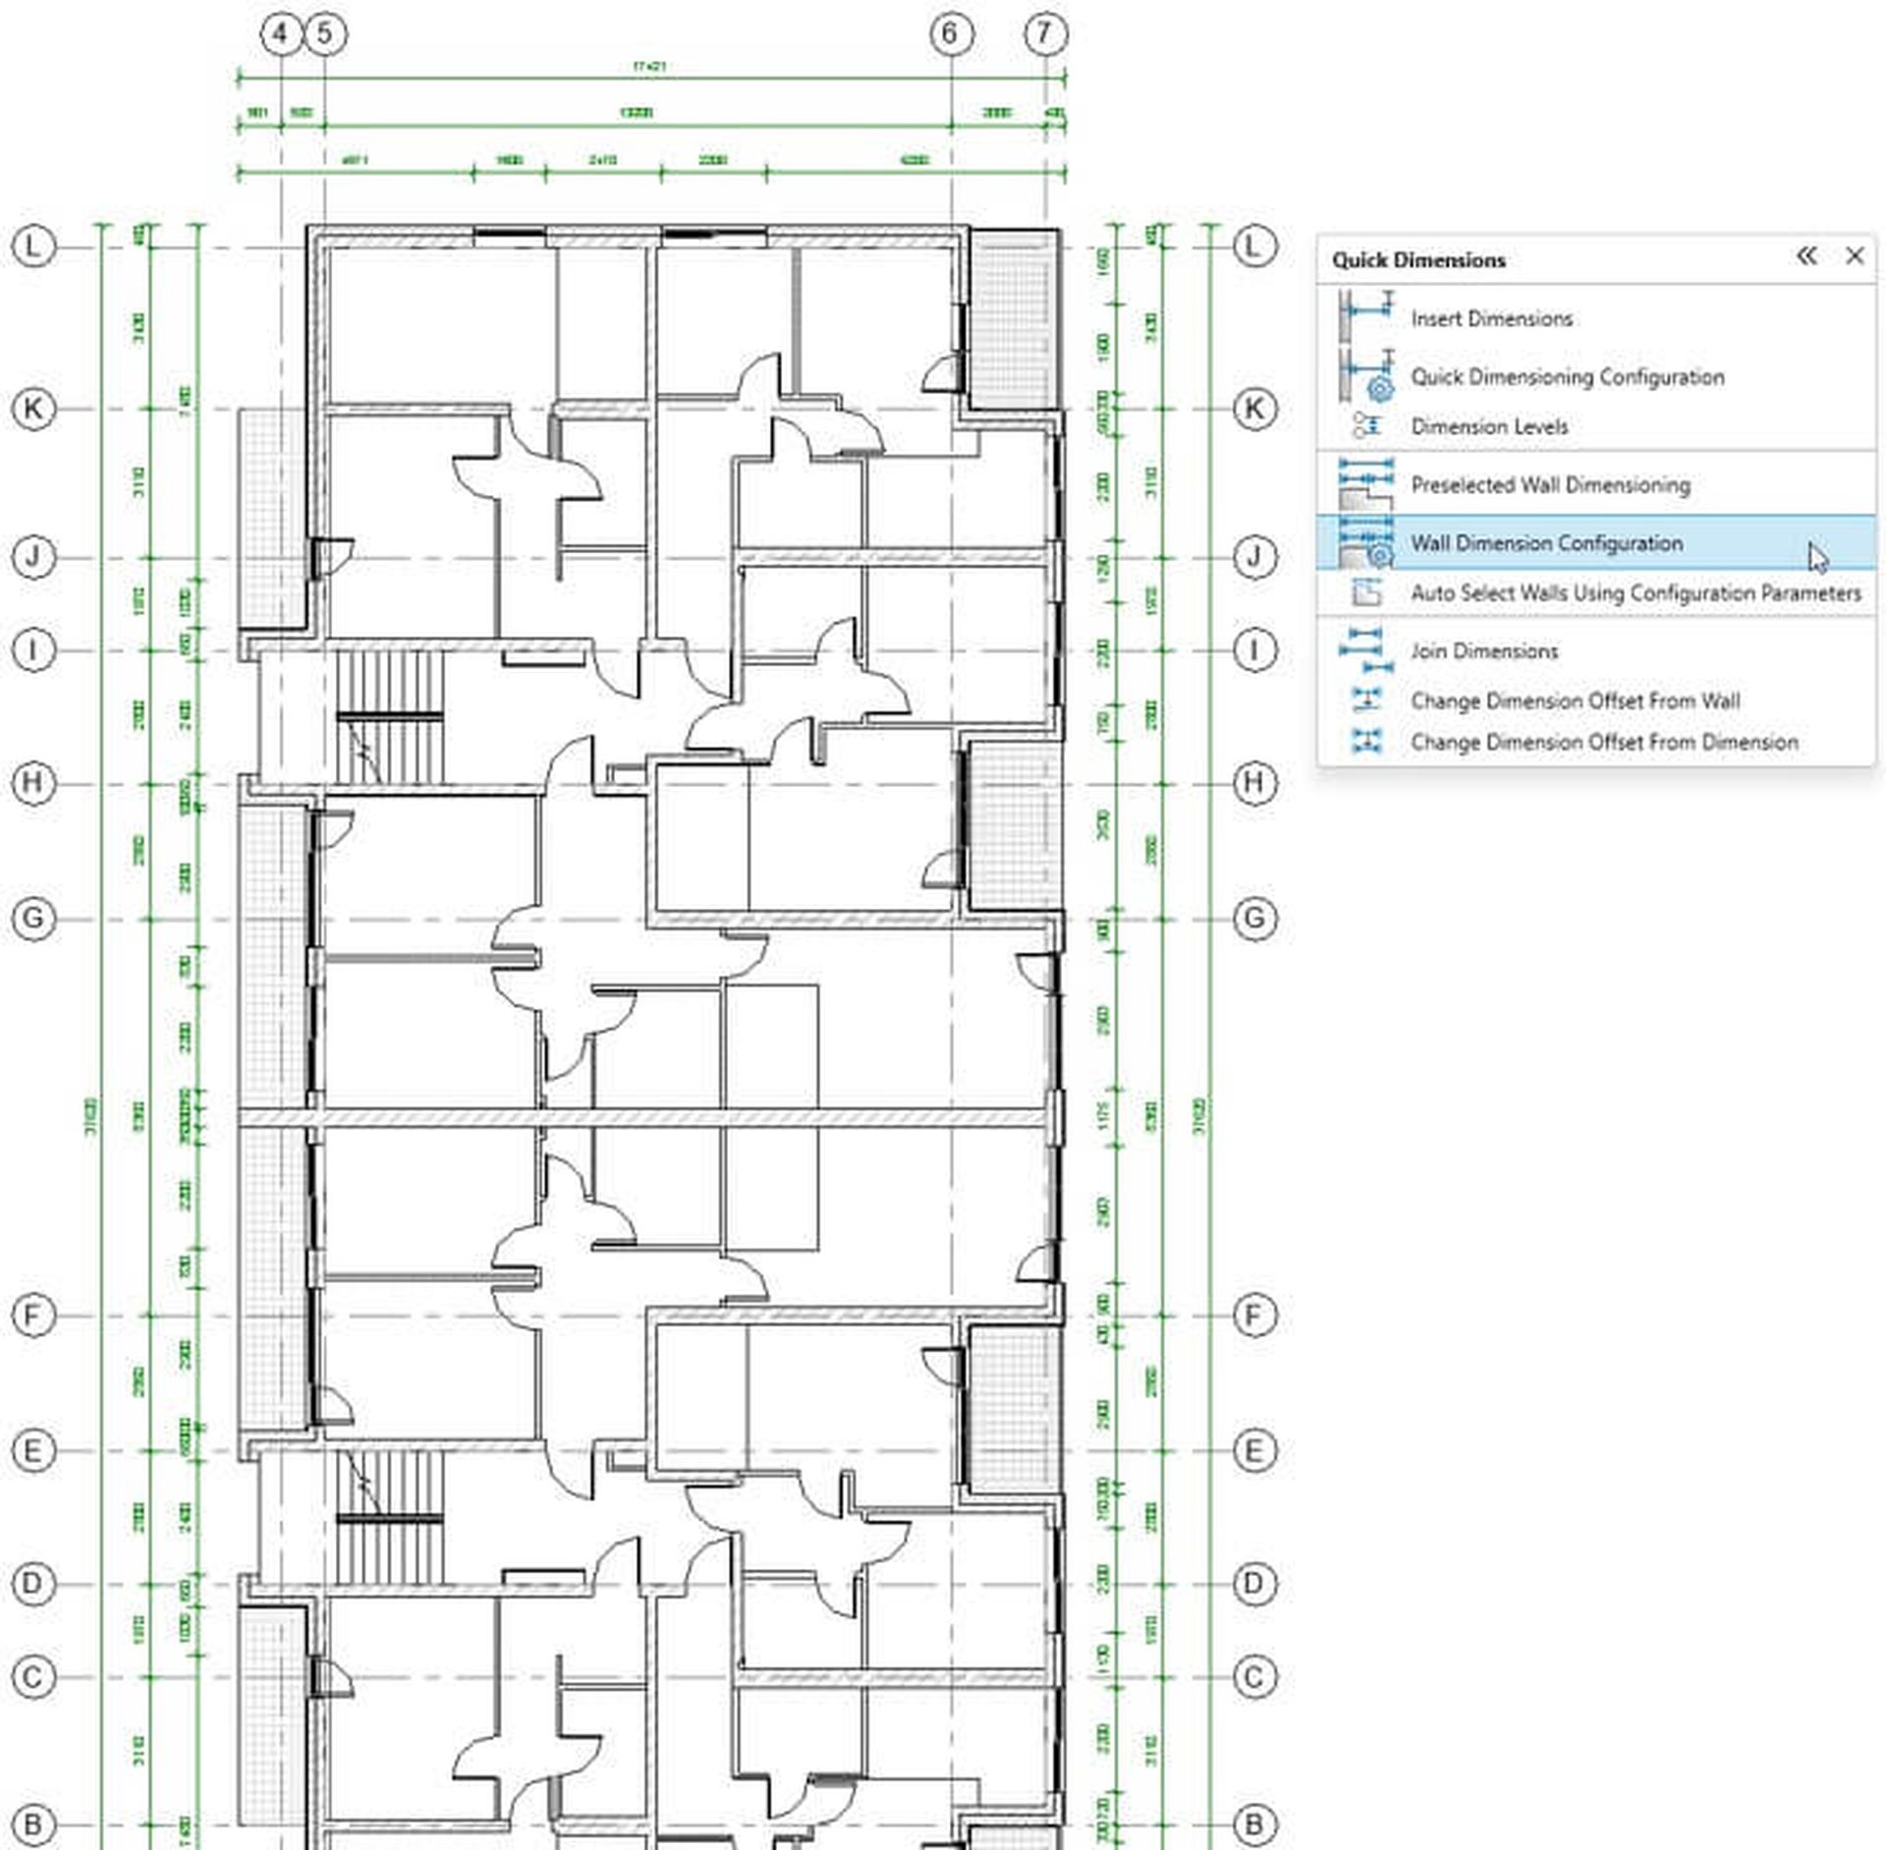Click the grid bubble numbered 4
point(281,34)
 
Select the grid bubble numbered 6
point(950,34)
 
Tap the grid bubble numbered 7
point(1044,34)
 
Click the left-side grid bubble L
point(33,246)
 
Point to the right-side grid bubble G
point(1254,919)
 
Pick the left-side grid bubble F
point(33,1315)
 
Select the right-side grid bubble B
point(1254,1824)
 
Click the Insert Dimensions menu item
point(1491,318)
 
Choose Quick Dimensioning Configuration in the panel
point(1567,376)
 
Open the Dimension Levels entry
point(1489,426)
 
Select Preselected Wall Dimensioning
point(1550,484)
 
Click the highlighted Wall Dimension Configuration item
point(1546,542)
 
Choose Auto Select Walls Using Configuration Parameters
point(1636,592)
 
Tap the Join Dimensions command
point(1484,650)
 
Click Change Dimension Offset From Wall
point(1575,701)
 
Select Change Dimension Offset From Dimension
point(1604,742)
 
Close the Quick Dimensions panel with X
point(1854,256)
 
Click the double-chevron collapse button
point(1806,256)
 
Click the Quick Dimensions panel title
point(1418,260)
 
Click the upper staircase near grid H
point(390,717)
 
